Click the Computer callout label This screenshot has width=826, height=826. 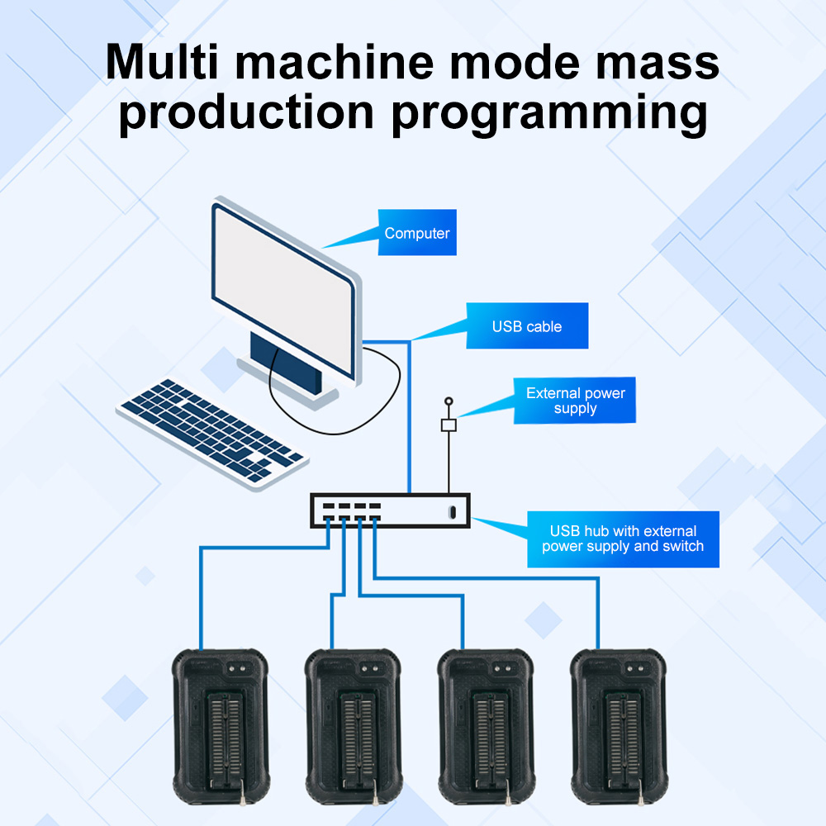coord(417,233)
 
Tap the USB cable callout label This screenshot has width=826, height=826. coord(527,326)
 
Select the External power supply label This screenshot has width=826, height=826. coord(576,401)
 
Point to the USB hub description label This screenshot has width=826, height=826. coord(623,539)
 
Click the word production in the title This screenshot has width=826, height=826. coord(246,113)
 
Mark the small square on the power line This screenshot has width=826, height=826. coord(449,425)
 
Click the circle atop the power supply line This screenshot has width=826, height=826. coord(449,401)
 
